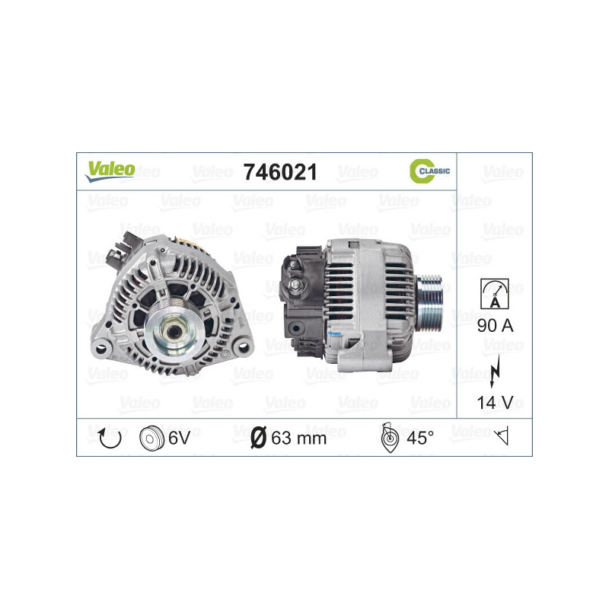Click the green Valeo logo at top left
pos(110,171)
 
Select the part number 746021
pos(279,172)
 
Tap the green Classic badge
pos(429,171)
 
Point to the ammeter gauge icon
pos(495,292)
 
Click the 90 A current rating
pos(495,326)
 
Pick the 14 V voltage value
pos(495,403)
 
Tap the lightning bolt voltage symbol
pos(495,364)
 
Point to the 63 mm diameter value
pos(298,438)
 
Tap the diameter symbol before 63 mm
pos(258,438)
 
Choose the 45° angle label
pos(419,438)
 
